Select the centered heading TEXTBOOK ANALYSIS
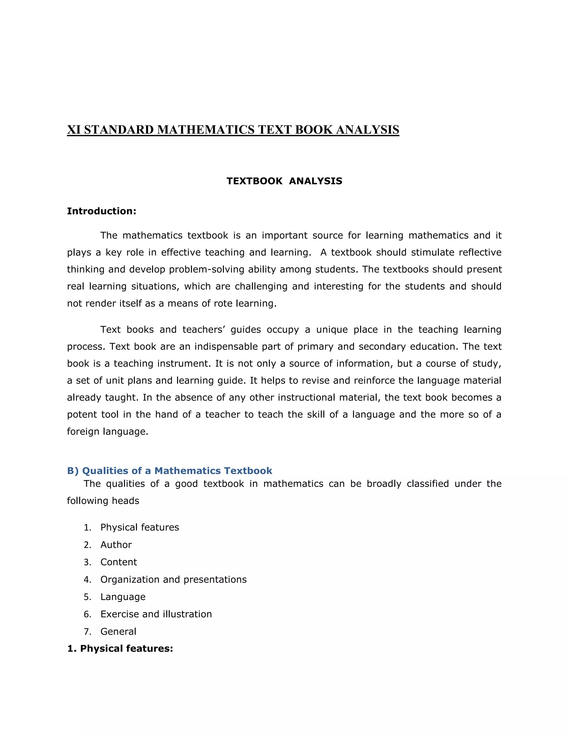284,181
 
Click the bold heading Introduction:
101,211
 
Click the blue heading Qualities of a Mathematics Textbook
169,471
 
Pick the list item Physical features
139,527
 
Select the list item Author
116,545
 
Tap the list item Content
119,562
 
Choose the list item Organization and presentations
173,579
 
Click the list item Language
123,597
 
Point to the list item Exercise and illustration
156,614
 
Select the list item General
118,632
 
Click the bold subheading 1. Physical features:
120,649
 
